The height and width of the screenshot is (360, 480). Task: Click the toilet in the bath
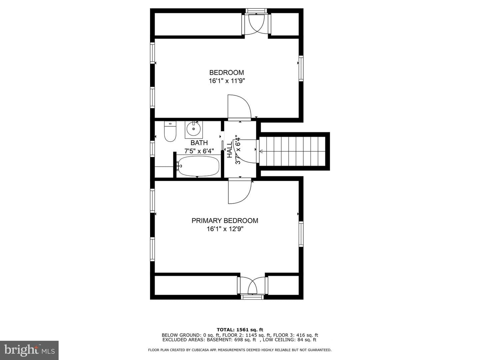(170, 131)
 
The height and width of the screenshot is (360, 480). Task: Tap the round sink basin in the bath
(194, 129)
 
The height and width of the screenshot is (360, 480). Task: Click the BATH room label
(199, 143)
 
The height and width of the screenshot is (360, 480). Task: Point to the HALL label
(230, 150)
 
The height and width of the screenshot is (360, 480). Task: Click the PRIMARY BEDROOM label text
(225, 221)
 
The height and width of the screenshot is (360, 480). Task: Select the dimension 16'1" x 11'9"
(227, 81)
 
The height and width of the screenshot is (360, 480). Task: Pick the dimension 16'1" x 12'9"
(225, 229)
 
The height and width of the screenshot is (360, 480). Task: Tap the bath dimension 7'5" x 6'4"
(199, 151)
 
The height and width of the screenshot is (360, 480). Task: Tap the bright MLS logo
(29, 350)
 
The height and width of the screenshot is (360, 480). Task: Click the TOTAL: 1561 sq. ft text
(240, 330)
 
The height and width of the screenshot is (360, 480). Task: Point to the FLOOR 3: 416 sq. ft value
(296, 335)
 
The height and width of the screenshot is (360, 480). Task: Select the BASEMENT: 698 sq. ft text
(231, 340)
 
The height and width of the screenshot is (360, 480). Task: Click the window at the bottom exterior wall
(252, 297)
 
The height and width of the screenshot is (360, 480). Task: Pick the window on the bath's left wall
(152, 149)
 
